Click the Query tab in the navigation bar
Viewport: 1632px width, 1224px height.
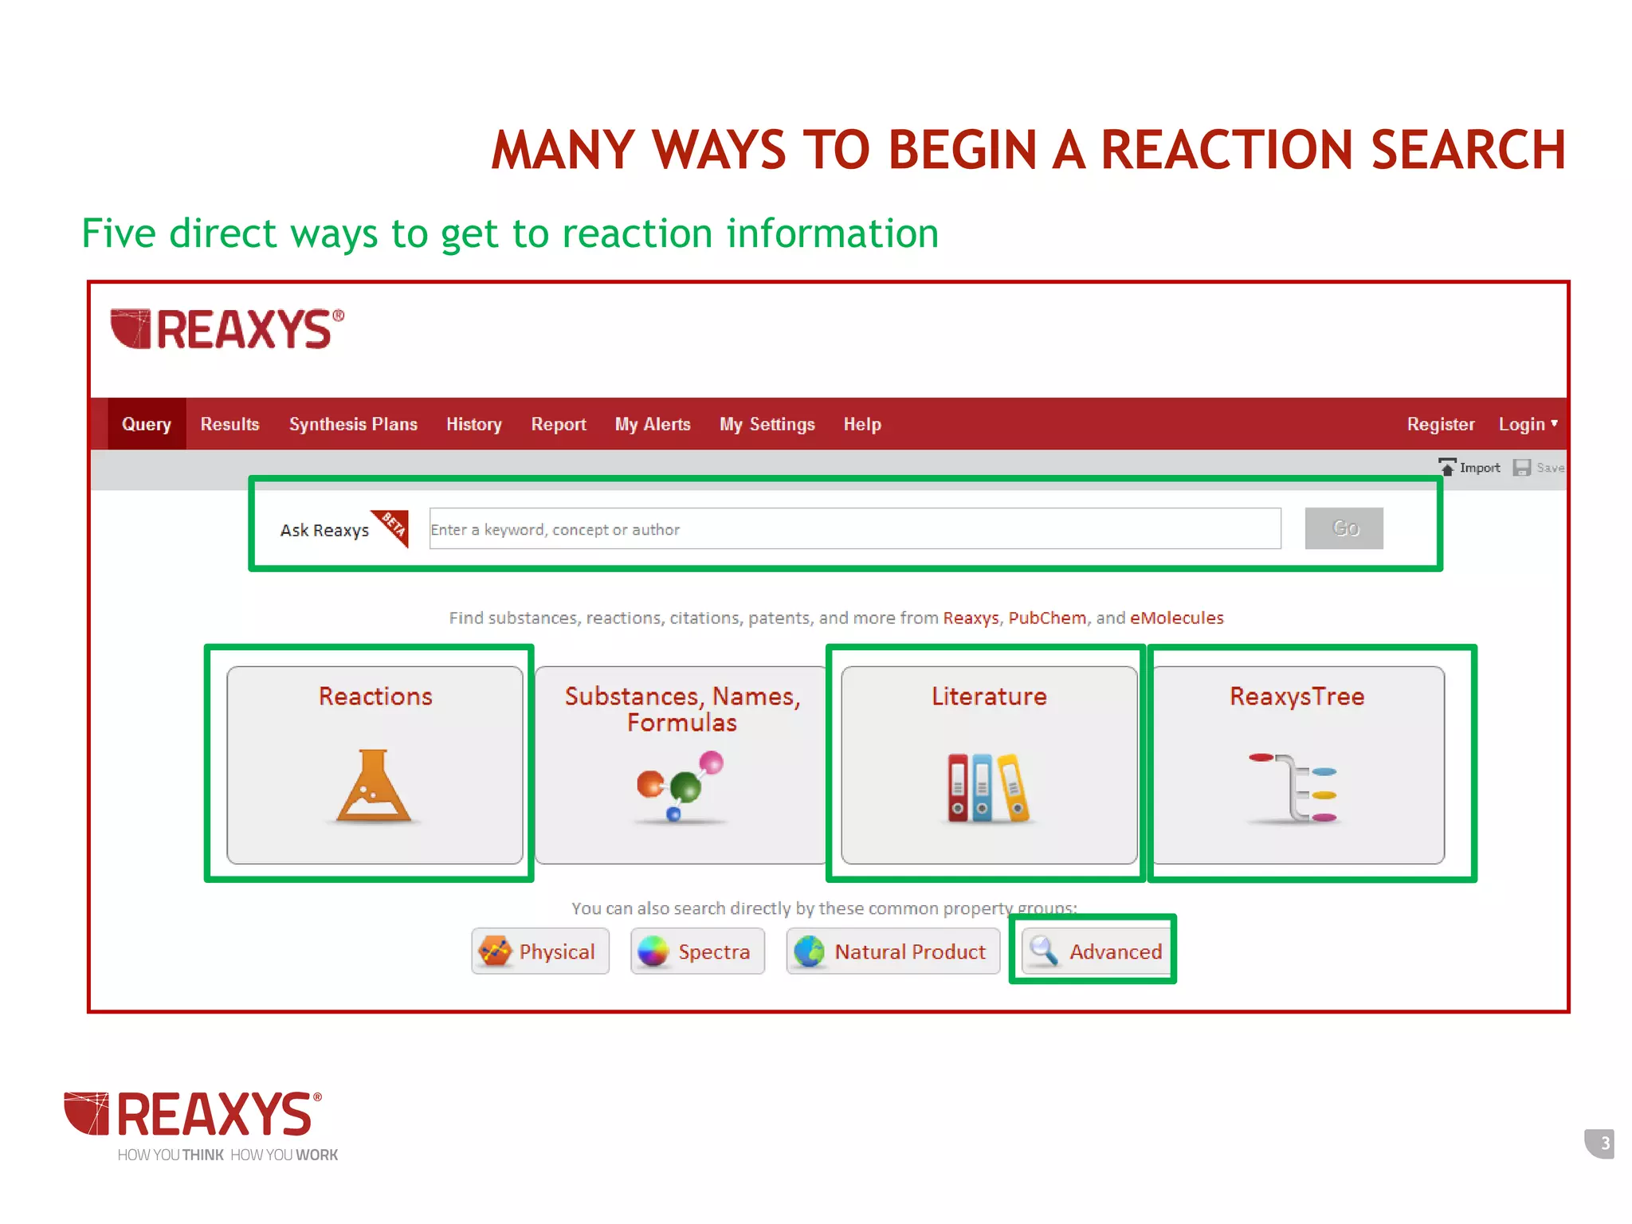(147, 424)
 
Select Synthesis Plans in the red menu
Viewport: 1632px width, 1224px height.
(353, 424)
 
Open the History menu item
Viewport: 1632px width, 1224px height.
(474, 424)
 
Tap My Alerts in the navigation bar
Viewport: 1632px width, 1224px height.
(653, 424)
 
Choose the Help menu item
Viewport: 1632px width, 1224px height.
(862, 424)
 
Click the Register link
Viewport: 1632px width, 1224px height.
(1440, 424)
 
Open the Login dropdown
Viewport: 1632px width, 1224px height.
(1527, 424)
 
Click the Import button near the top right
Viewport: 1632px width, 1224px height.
(1469, 468)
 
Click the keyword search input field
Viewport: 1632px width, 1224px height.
(854, 529)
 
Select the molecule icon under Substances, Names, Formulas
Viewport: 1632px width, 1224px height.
(680, 787)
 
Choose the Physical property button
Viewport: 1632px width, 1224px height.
(540, 951)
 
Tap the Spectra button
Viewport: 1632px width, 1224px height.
(697, 951)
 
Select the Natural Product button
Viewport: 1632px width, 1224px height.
(892, 951)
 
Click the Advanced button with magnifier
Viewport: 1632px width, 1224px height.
(1096, 951)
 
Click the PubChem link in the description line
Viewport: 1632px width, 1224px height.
(1047, 618)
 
